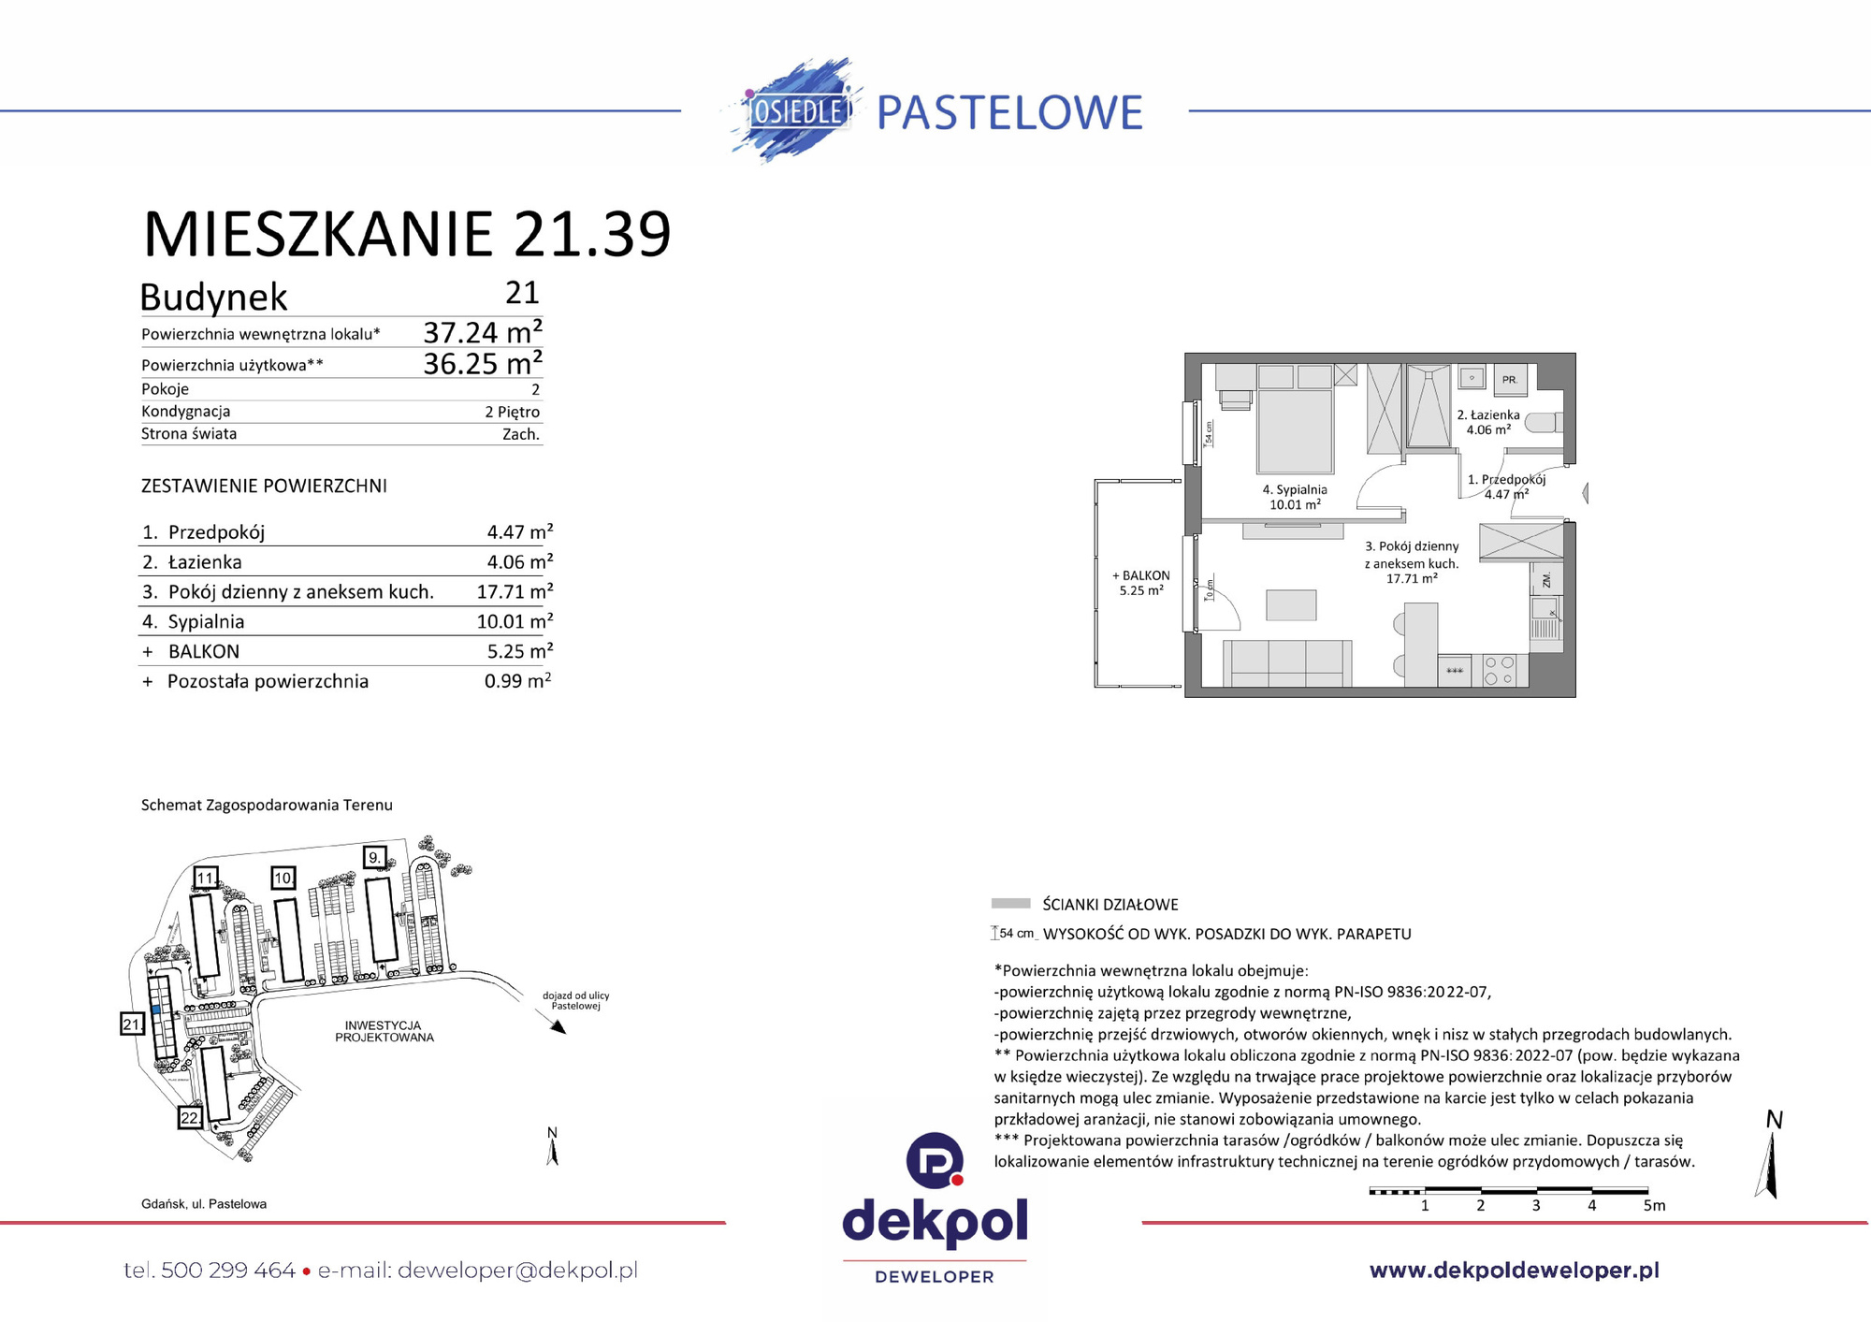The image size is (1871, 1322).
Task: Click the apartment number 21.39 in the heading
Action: (x=592, y=234)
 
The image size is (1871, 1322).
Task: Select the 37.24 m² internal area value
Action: (x=482, y=332)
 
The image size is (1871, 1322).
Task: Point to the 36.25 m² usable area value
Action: (x=482, y=363)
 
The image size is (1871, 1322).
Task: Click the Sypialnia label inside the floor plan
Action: (x=1295, y=489)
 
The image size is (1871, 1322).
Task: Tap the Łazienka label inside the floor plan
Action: (x=1487, y=414)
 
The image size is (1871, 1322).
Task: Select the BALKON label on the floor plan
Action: (x=1140, y=575)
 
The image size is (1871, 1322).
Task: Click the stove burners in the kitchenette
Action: (x=1500, y=671)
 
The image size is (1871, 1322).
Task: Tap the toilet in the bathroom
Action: (x=1543, y=423)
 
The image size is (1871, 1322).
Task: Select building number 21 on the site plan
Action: (x=132, y=1024)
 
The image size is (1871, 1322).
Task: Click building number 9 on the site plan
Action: (x=374, y=857)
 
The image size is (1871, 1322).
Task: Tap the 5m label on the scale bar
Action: (x=1654, y=1206)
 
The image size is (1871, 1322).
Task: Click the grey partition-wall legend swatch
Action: (x=1010, y=904)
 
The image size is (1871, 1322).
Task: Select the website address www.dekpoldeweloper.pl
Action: (x=1514, y=1270)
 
